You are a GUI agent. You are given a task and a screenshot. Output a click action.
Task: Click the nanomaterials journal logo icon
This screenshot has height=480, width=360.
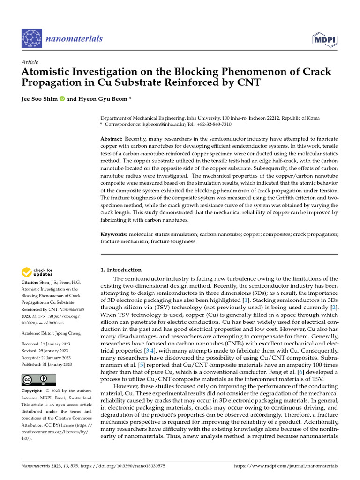tap(32, 38)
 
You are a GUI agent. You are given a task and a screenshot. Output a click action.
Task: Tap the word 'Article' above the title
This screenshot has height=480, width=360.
tap(30, 62)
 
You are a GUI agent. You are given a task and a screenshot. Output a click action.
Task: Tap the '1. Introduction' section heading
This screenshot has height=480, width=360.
tap(121, 270)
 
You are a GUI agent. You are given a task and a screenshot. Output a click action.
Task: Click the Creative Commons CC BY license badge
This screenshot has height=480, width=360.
tap(39, 380)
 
